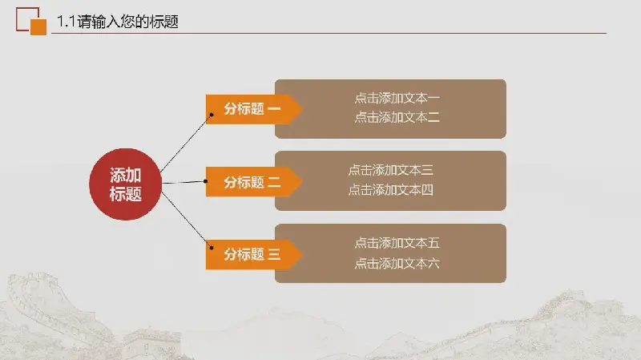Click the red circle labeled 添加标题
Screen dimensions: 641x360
click(x=126, y=184)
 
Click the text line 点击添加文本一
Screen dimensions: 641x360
click(x=397, y=98)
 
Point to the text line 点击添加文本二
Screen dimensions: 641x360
click(x=397, y=117)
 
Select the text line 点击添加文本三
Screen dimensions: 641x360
click(x=390, y=170)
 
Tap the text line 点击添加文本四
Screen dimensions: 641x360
click(x=390, y=190)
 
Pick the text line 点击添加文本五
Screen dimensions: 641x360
click(x=397, y=243)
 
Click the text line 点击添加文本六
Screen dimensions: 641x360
click(x=397, y=263)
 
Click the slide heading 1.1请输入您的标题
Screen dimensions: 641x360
click(x=118, y=22)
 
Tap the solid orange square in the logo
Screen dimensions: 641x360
click(x=38, y=27)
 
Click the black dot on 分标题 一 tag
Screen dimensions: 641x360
click(x=212, y=115)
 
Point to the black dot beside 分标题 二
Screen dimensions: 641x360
click(x=205, y=181)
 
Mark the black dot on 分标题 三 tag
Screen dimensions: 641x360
click(x=212, y=248)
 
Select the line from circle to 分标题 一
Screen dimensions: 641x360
click(x=186, y=144)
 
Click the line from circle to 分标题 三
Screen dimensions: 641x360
click(x=187, y=220)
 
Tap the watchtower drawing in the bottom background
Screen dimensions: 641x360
click(x=151, y=344)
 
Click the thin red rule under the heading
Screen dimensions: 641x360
click(x=329, y=33)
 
